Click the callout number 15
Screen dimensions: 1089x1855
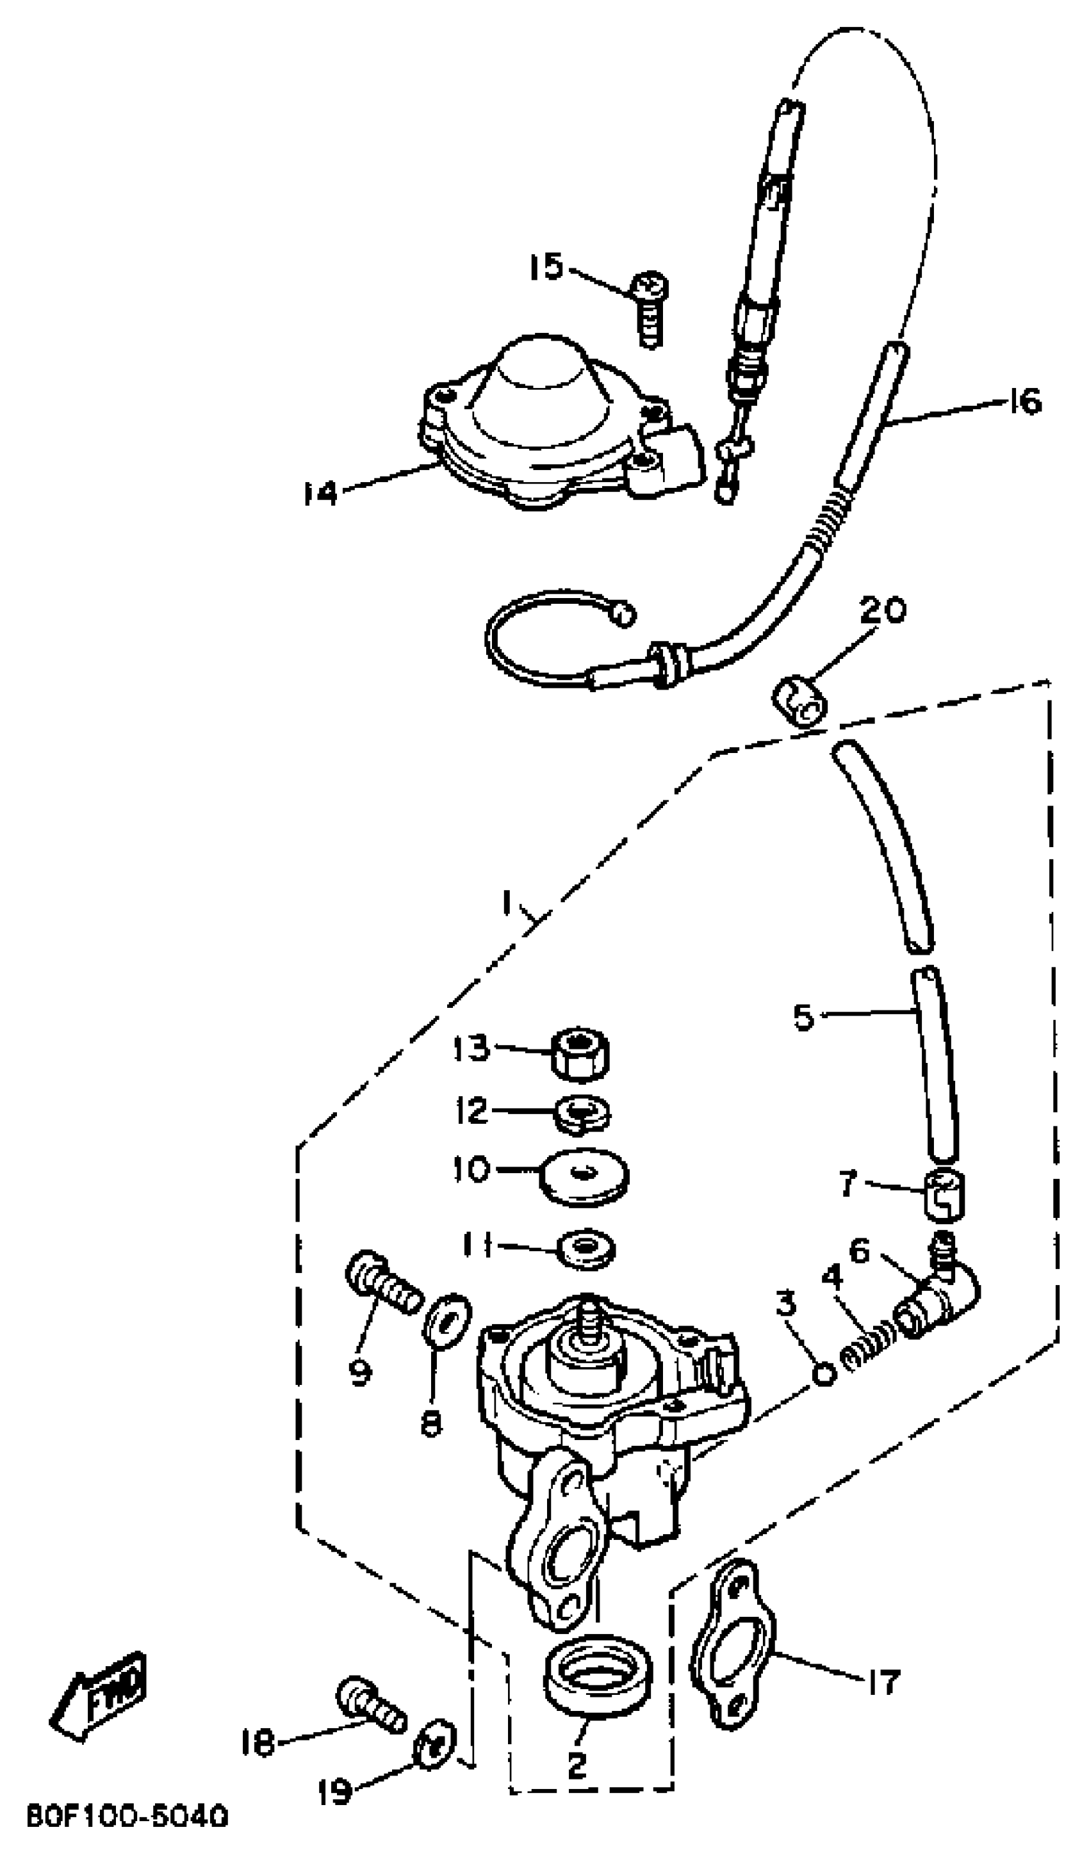546,266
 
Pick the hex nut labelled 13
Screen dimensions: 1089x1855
581,1054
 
